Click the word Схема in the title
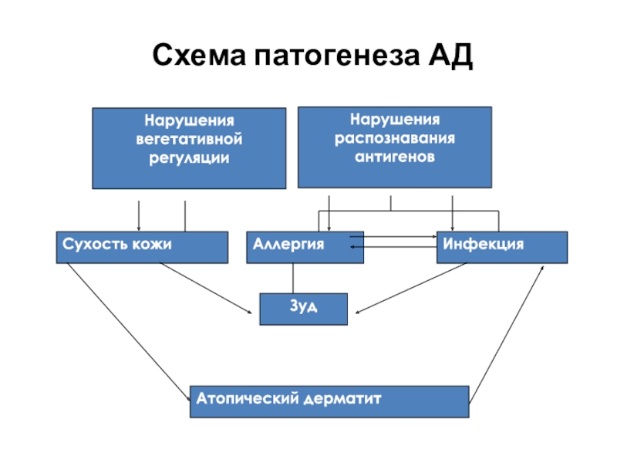tap(199, 54)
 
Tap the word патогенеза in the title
tap(337, 55)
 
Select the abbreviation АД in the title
tap(450, 55)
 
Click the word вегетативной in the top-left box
tap(189, 140)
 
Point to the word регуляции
tap(189, 158)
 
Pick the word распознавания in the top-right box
tap(395, 139)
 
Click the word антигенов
tap(395, 157)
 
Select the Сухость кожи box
tap(142, 247)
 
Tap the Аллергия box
tap(305, 247)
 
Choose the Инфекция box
tap(502, 247)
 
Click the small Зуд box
tap(303, 309)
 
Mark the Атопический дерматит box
tap(329, 401)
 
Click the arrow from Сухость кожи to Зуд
tap(205, 288)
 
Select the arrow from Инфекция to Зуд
tap(411, 288)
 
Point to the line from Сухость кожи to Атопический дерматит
tap(129, 332)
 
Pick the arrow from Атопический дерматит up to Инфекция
tap(507, 334)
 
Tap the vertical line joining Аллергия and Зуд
tap(293, 279)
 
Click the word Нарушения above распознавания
tap(395, 120)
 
